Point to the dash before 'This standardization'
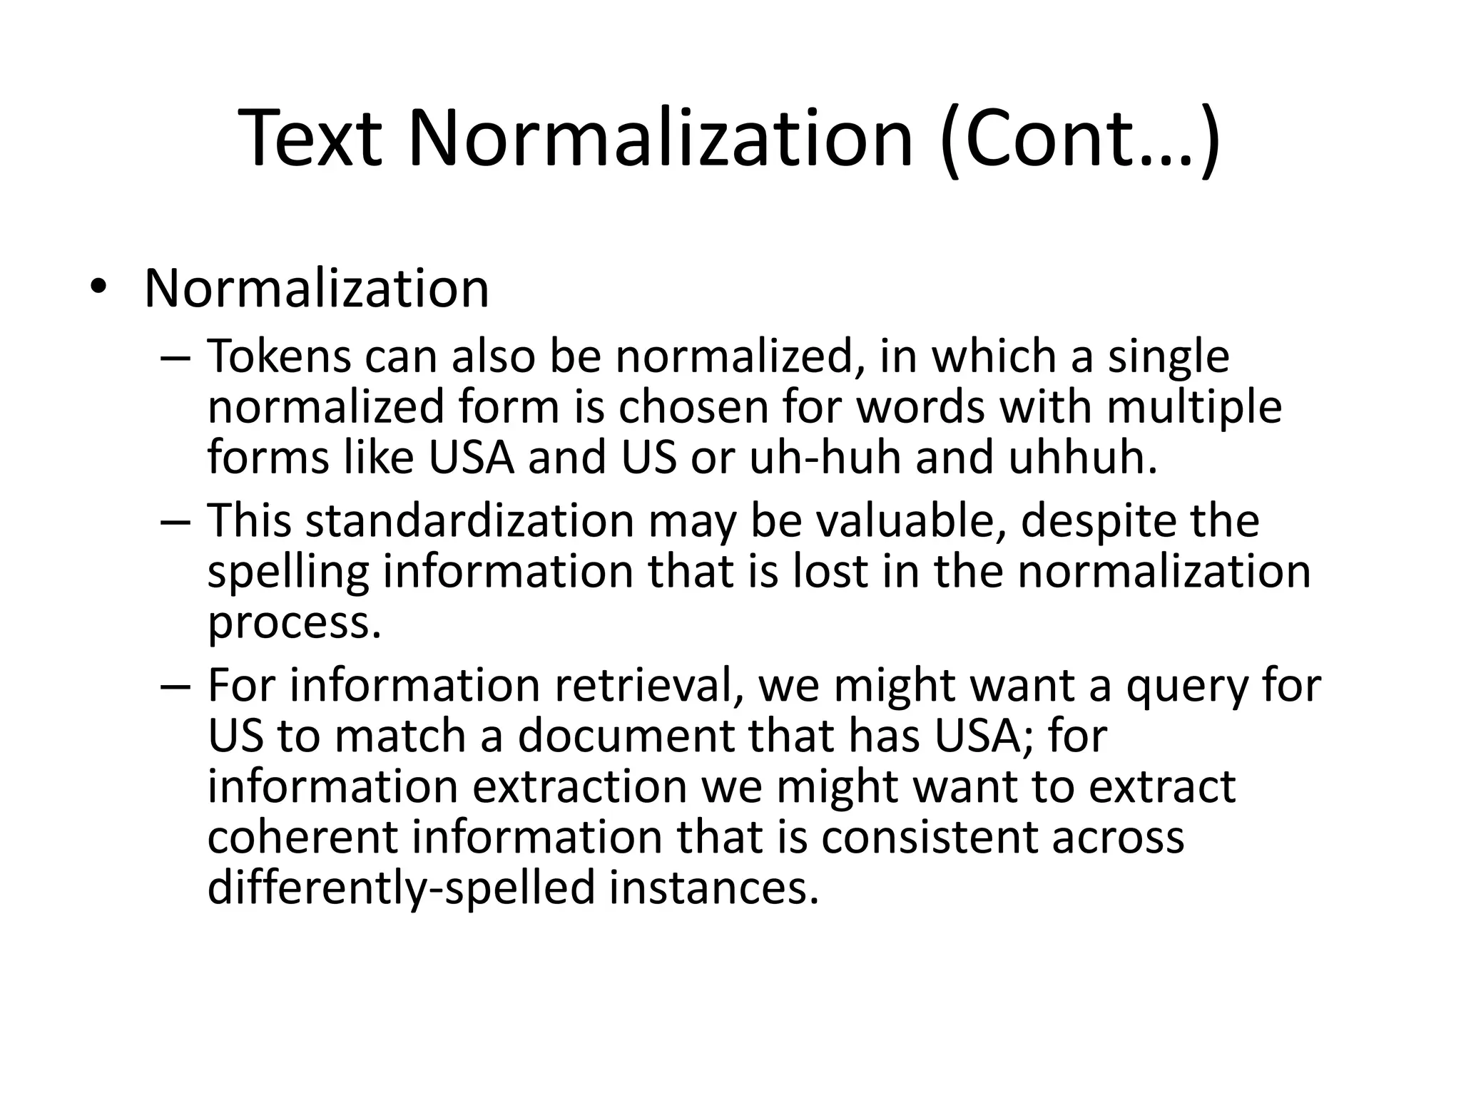[175, 521]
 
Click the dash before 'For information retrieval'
[175, 686]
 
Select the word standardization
[469, 521]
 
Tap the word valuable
[911, 521]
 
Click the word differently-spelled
[401, 888]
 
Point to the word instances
[713, 888]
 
